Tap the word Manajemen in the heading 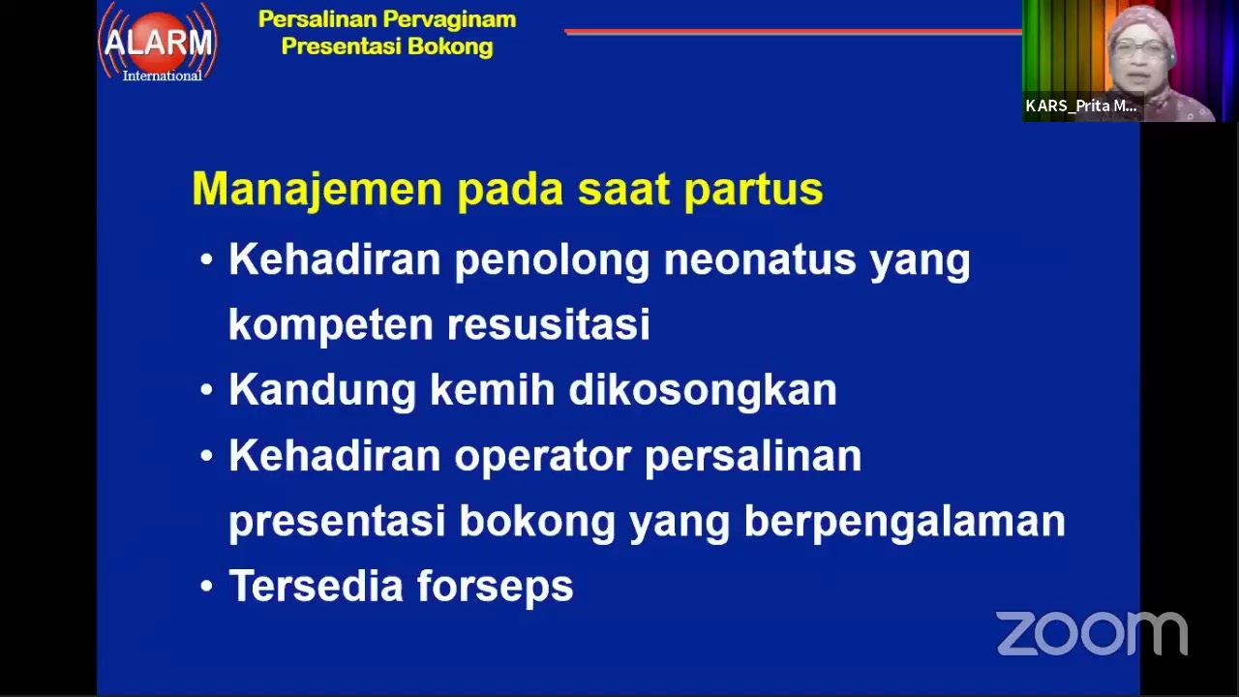point(317,189)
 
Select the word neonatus point(760,259)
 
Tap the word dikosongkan point(702,390)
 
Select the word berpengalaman point(904,522)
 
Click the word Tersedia point(316,587)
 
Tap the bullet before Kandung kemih point(206,390)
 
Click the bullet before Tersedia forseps point(206,587)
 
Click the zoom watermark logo point(1091,633)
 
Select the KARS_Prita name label point(1081,106)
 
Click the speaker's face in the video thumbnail point(1141,53)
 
